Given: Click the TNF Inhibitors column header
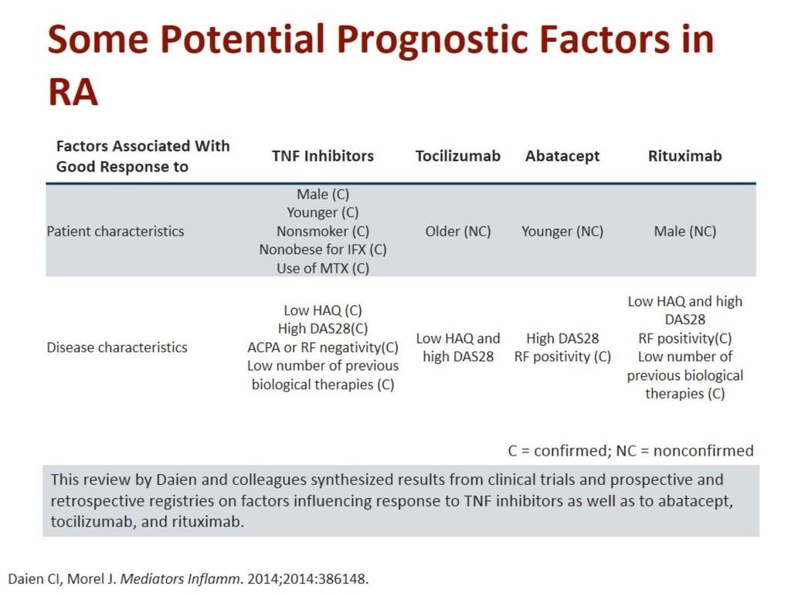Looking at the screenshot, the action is click(323, 156).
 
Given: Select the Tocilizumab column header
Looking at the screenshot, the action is click(457, 156).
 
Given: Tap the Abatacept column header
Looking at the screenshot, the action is click(562, 156).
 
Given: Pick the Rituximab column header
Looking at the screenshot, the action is click(684, 156).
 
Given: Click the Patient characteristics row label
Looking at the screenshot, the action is click(116, 232).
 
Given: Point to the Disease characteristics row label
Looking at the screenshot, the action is click(117, 347).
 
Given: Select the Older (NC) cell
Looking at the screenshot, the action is click(458, 232).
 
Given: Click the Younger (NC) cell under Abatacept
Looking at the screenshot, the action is click(562, 232).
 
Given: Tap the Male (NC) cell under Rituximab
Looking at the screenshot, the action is click(685, 232).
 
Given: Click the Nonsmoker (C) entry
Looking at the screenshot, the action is click(323, 232).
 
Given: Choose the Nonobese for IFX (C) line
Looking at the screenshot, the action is click(323, 249).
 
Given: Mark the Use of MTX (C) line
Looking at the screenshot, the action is click(323, 268).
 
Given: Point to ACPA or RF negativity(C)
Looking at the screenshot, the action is click(323, 347).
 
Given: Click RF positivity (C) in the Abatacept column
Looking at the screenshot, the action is click(562, 357).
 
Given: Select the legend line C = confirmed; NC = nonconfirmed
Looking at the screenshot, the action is click(630, 450).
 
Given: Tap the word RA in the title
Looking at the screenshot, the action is click(73, 93).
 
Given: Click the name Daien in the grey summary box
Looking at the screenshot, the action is click(177, 479).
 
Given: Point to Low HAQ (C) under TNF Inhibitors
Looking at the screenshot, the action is click(323, 310).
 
